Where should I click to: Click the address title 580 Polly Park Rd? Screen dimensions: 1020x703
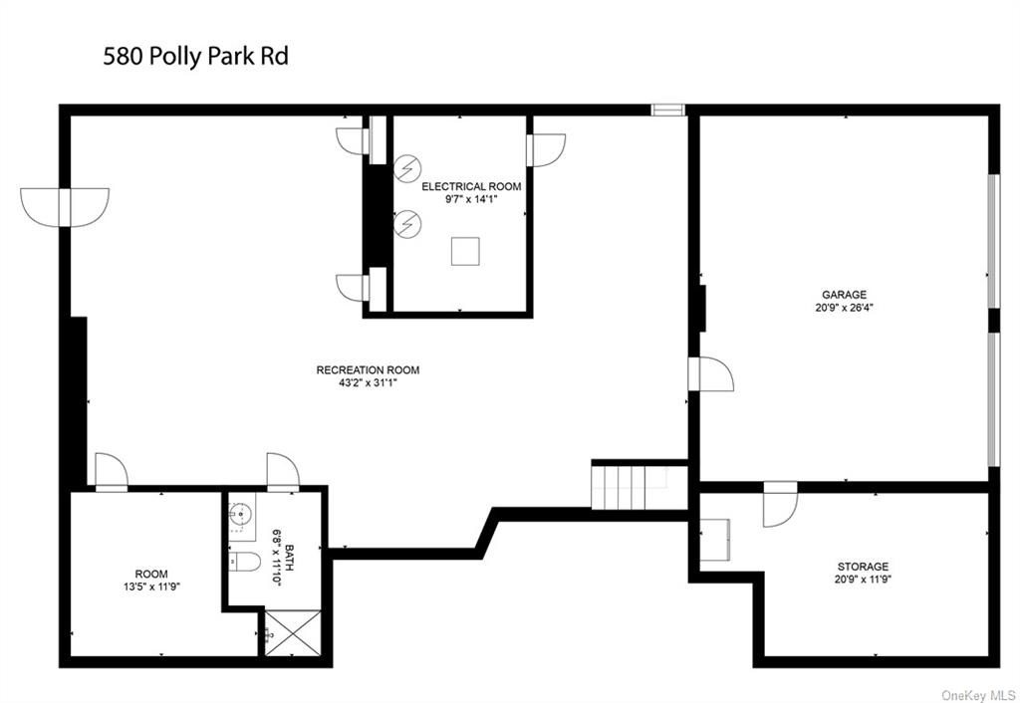tap(195, 56)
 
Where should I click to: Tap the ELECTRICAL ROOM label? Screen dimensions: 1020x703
tap(471, 186)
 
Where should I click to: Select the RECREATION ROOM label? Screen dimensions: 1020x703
tap(368, 370)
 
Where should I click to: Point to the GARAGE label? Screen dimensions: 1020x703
tap(844, 295)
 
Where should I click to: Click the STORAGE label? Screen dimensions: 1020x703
tap(863, 567)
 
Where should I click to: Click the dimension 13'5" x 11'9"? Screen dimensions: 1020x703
tap(151, 586)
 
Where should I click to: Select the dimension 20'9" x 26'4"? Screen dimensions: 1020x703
tap(844, 308)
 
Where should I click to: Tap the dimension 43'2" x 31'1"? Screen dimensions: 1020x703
tap(368, 383)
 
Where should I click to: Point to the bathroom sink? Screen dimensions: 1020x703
tap(241, 514)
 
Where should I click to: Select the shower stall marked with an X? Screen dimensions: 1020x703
tap(293, 632)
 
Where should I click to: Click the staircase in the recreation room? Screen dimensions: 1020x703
tap(630, 488)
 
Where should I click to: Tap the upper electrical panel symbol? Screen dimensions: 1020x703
tap(407, 168)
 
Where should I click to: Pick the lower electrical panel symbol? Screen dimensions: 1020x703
tap(407, 224)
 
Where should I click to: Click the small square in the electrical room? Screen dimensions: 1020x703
tap(465, 252)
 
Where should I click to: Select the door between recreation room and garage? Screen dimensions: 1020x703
tap(710, 374)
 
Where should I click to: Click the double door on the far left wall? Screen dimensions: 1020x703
tap(65, 207)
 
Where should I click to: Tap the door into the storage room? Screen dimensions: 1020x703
tap(780, 504)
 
